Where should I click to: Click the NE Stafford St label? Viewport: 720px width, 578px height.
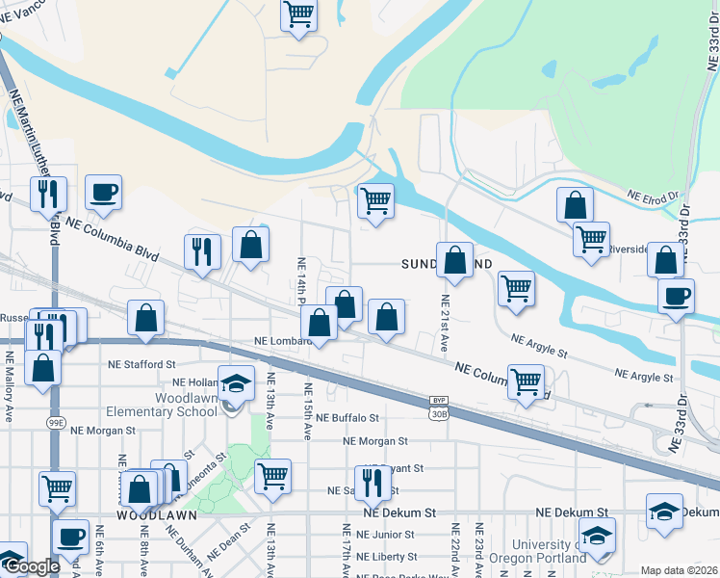click(x=141, y=365)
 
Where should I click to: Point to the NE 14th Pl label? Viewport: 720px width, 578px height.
click(x=301, y=280)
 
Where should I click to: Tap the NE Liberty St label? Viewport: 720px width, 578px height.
click(x=386, y=557)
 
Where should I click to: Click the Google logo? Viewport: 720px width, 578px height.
click(x=30, y=567)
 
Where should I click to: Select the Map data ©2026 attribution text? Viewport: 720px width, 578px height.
click(x=679, y=570)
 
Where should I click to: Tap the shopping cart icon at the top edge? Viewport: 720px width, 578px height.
click(x=299, y=14)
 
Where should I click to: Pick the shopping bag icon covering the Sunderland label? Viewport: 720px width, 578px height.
click(x=454, y=259)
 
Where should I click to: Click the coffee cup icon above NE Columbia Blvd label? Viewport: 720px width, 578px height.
click(x=103, y=191)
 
